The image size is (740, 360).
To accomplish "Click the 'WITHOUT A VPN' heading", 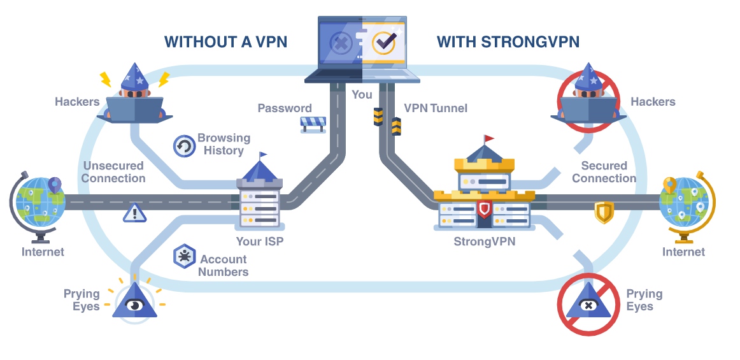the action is (x=225, y=41).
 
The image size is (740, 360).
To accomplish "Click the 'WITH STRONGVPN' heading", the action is (x=508, y=41).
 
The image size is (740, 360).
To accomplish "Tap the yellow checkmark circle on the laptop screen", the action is (x=384, y=43).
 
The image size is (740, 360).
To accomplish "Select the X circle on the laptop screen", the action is (x=341, y=43).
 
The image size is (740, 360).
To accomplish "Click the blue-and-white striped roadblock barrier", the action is (x=313, y=124).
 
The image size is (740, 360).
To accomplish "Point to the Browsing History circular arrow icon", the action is (x=184, y=146).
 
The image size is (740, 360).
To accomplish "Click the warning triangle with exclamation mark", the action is (x=135, y=213).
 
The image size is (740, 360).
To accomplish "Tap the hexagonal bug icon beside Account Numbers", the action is (x=184, y=257).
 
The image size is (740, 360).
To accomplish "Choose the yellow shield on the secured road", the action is (x=604, y=212).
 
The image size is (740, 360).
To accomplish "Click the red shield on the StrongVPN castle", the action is (x=484, y=209).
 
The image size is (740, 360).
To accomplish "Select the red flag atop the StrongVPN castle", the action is (x=489, y=138).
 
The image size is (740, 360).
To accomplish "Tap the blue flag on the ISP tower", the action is (x=263, y=155).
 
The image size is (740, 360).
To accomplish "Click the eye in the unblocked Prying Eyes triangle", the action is (x=134, y=305).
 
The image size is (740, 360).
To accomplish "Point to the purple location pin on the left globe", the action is (x=55, y=185).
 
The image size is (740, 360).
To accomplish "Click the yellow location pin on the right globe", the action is (x=670, y=185).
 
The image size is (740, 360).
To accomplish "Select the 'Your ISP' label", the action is (x=260, y=241).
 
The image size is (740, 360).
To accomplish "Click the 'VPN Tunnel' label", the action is (x=435, y=108).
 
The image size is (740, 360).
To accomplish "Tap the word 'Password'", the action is (x=285, y=108).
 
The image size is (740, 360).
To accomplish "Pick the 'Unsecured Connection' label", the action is (x=113, y=172).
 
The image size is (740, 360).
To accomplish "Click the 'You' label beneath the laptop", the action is (x=362, y=94).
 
